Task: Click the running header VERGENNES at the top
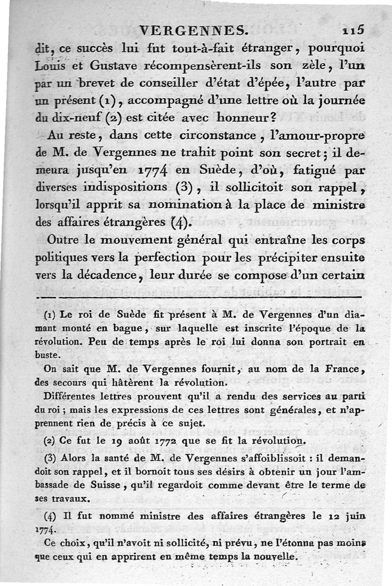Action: point(193,31)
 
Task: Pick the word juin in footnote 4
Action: point(354,517)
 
